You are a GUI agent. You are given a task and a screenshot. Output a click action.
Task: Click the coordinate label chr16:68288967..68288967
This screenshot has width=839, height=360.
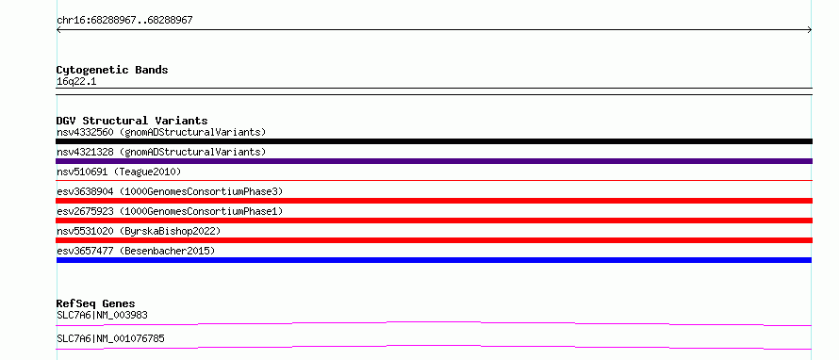click(x=124, y=21)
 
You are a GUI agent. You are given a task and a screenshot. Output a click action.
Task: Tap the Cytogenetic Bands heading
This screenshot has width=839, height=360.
click(x=112, y=70)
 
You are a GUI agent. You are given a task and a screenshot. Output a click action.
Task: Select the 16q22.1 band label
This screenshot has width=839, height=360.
click(x=76, y=82)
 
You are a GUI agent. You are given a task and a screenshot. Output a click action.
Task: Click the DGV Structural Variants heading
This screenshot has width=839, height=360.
click(x=132, y=121)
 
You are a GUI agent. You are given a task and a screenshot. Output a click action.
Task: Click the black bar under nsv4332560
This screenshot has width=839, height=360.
click(x=434, y=141)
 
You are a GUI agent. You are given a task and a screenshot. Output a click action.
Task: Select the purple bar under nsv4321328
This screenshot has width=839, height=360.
click(x=434, y=161)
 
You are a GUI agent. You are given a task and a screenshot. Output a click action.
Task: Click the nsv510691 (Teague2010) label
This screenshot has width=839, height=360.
click(x=119, y=172)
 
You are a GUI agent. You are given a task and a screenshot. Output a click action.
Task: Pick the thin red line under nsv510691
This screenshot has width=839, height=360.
click(x=434, y=180)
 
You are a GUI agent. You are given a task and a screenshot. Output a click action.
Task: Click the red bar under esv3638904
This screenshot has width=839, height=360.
click(x=434, y=201)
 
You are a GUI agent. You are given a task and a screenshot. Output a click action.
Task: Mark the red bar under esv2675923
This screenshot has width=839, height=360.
click(x=434, y=221)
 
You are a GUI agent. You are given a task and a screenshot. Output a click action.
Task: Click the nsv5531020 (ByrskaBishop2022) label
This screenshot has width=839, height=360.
click(x=139, y=231)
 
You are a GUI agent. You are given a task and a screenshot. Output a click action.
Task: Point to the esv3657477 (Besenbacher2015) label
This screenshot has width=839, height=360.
click(x=136, y=251)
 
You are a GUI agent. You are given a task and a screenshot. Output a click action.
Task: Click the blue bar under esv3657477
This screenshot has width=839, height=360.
click(x=434, y=260)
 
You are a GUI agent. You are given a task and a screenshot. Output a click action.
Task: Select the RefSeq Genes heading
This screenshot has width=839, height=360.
click(x=96, y=303)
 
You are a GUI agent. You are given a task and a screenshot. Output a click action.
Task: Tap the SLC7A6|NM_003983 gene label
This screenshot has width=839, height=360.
click(x=102, y=315)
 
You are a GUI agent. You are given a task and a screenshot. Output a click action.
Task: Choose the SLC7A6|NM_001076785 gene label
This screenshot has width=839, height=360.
click(x=110, y=338)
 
